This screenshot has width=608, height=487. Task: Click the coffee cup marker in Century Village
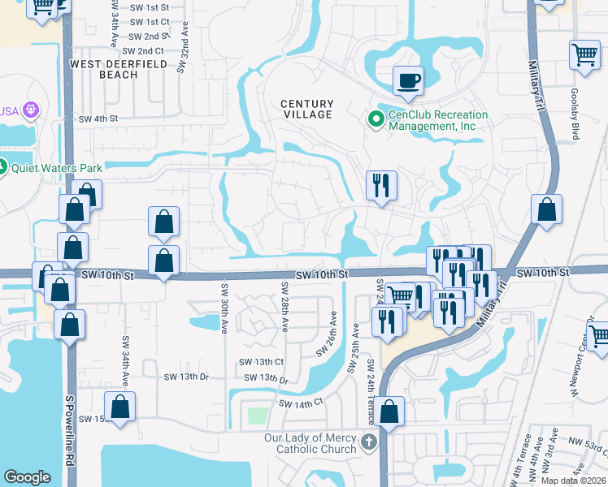[x=408, y=80]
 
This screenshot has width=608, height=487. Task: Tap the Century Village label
[x=307, y=109]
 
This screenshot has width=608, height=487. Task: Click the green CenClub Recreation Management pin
[x=376, y=120]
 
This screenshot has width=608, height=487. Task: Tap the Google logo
[x=27, y=477]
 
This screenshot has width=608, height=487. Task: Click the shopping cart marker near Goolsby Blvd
[x=584, y=54]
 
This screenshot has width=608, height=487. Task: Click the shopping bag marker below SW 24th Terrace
[x=390, y=412]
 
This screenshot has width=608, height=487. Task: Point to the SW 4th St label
[x=98, y=119]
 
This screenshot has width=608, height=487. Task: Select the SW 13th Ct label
[x=261, y=362]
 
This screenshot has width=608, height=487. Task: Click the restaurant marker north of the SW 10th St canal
[x=380, y=186]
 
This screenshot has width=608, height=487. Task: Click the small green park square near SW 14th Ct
[x=257, y=416]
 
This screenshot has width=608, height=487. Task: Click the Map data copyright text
[x=573, y=481]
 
